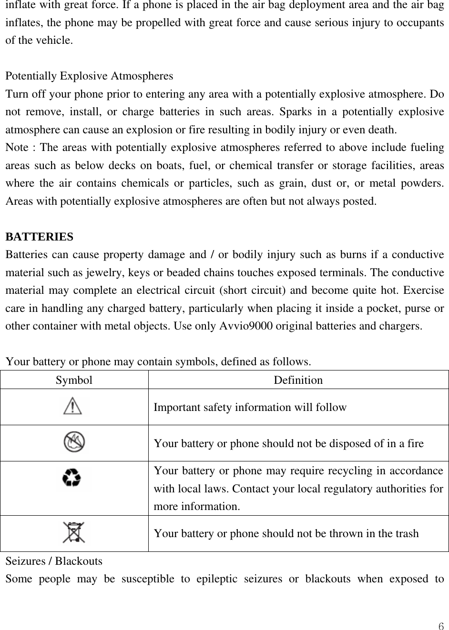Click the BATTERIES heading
point(40,237)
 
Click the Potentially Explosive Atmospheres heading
point(89,76)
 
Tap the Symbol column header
point(74,380)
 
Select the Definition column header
point(298,380)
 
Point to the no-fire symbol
point(74,442)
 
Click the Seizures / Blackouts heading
point(54,561)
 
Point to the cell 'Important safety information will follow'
point(250,407)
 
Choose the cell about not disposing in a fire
point(289,443)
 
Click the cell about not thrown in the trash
point(286,533)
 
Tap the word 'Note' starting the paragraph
point(16,148)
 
